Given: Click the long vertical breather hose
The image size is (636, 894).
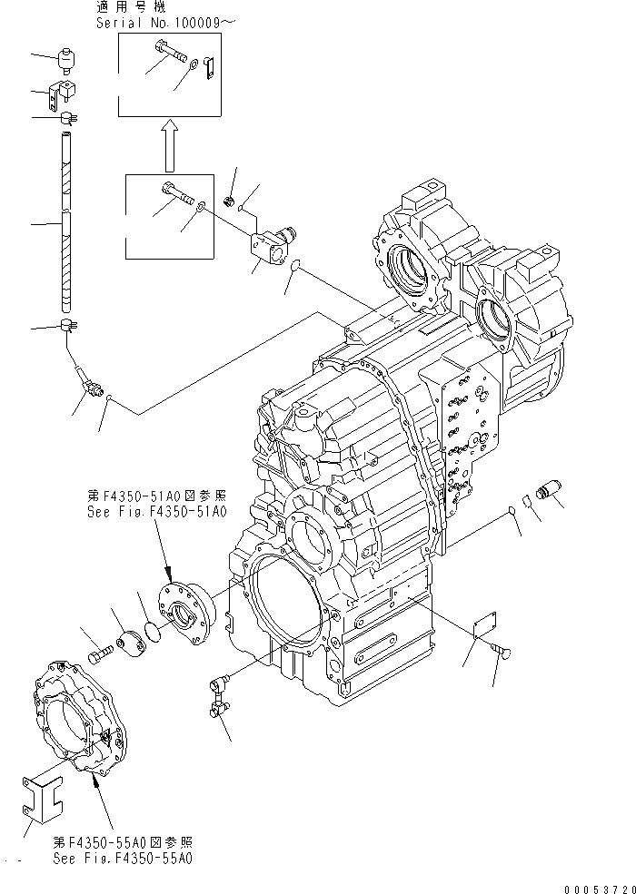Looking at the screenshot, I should pyautogui.click(x=65, y=222).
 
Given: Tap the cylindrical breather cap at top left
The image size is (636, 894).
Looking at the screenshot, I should pyautogui.click(x=66, y=61).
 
